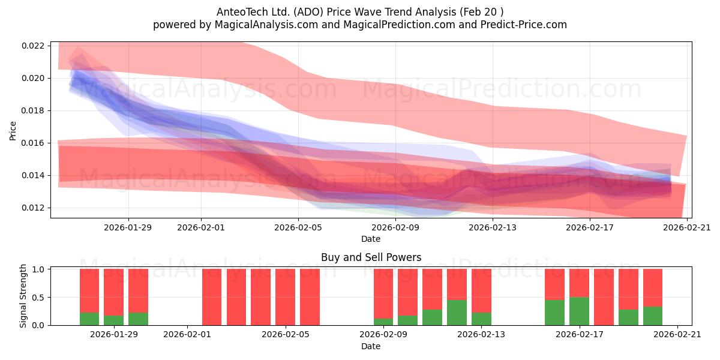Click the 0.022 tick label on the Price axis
32,46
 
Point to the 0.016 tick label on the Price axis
32,143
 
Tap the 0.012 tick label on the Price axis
32,208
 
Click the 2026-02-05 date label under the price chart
298,227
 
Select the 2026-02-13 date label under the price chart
493,227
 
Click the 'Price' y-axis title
13,131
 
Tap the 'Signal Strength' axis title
23,296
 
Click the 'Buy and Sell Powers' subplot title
371,257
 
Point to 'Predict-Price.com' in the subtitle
524,25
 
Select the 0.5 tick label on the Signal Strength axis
38,298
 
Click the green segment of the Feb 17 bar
579,311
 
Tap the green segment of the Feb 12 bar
457,313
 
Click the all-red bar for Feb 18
604,297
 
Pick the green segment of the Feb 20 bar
653,316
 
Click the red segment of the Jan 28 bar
89,290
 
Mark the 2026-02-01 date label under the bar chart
187,335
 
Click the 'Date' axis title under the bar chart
371,347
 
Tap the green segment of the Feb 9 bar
383,322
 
